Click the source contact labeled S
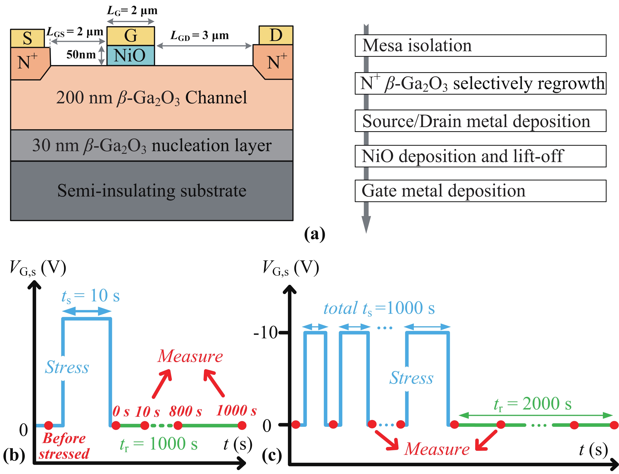point(27,38)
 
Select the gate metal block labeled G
point(130,36)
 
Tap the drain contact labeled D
point(276,35)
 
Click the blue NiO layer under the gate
point(130,55)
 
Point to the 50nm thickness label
point(81,54)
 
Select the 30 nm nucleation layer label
point(152,146)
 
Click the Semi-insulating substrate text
point(152,191)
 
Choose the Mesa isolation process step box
point(480,45)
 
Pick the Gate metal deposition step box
point(480,191)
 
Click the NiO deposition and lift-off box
point(480,156)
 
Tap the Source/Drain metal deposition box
point(480,121)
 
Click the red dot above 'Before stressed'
point(49,425)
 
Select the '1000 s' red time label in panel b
point(236,410)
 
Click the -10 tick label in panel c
point(265,332)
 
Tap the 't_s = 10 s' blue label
point(90,296)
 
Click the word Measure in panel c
point(437,449)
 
